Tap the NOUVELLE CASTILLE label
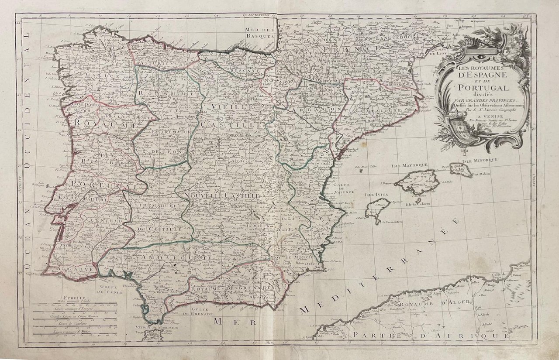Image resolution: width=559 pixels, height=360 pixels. [222, 197]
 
